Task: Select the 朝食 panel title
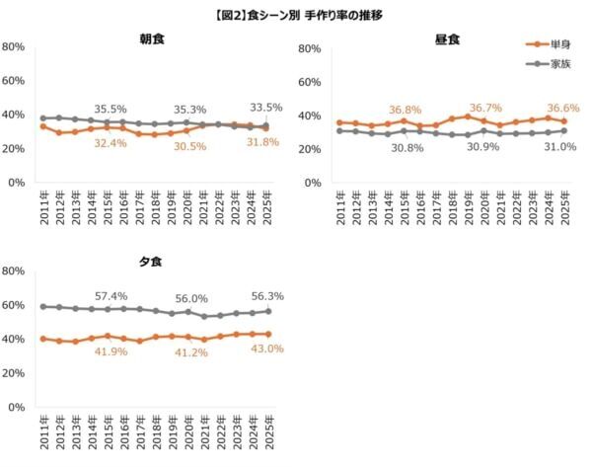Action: pyautogui.click(x=152, y=40)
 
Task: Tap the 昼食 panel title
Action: pyautogui.click(x=448, y=40)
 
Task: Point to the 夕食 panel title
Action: pyautogui.click(x=152, y=263)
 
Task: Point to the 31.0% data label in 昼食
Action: pyautogui.click(x=560, y=146)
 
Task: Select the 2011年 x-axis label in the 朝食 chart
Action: pyautogui.click(x=43, y=208)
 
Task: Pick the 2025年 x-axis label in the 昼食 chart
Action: pyautogui.click(x=563, y=208)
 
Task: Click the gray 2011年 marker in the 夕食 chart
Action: pyautogui.click(x=42, y=307)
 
